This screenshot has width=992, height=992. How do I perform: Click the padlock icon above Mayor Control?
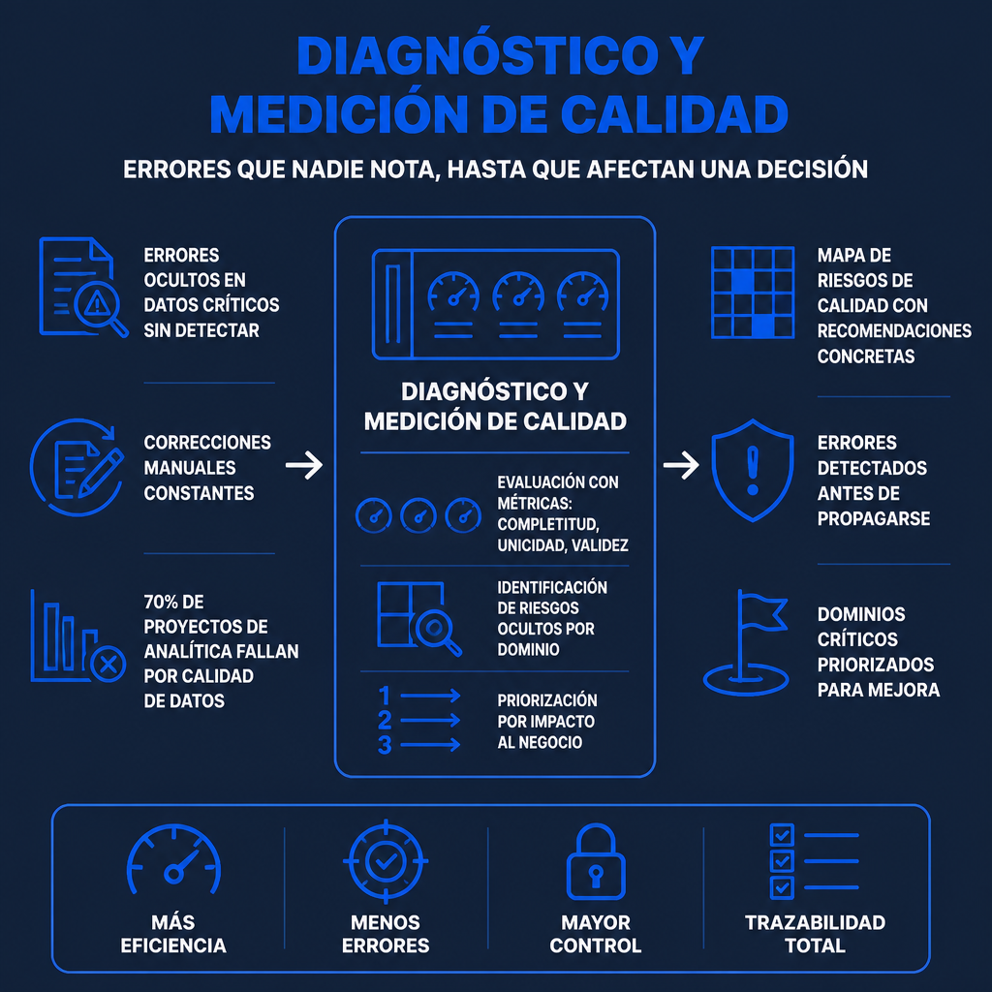click(x=596, y=861)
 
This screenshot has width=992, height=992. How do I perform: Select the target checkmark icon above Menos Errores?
click(x=386, y=861)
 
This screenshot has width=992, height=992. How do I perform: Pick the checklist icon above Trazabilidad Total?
click(x=814, y=861)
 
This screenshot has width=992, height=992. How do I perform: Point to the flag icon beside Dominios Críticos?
click(x=746, y=642)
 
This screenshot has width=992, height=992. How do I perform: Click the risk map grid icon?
click(x=752, y=293)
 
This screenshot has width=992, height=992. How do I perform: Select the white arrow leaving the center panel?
click(x=681, y=466)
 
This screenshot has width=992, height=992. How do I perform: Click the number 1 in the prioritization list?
click(x=384, y=696)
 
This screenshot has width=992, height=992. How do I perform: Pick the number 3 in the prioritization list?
click(x=384, y=745)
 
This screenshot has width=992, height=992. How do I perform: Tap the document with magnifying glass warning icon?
click(x=83, y=287)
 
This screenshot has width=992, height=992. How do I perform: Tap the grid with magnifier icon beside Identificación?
click(x=418, y=618)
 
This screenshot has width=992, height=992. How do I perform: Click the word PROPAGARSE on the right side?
click(x=874, y=519)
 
